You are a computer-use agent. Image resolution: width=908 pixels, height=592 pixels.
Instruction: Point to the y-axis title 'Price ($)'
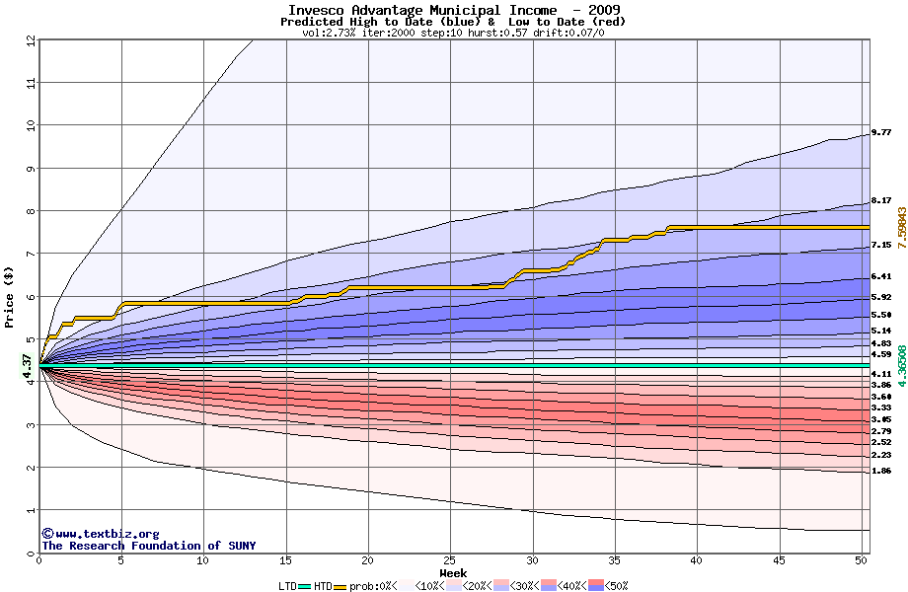point(10,296)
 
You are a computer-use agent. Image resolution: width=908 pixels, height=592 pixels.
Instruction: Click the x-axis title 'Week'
point(453,573)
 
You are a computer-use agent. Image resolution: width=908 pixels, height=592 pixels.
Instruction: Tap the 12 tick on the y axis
point(31,39)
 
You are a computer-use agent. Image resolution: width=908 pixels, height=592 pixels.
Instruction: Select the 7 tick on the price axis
point(31,254)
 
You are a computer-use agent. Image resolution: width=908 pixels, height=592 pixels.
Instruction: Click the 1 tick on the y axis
point(31,510)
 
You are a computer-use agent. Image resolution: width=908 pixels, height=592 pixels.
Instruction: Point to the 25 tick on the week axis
point(450,561)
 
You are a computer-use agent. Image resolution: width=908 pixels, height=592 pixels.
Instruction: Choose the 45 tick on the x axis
point(779,561)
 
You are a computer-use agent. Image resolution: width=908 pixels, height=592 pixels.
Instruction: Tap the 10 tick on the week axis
point(203,561)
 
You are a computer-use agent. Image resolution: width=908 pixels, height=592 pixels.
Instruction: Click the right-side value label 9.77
point(881,132)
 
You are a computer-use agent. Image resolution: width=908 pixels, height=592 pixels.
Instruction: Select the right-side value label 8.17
point(881,201)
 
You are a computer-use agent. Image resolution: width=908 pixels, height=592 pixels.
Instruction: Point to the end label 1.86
point(881,472)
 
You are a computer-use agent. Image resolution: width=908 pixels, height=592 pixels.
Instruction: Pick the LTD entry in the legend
point(287,586)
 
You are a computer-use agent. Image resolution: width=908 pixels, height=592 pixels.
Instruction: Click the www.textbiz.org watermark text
point(100,534)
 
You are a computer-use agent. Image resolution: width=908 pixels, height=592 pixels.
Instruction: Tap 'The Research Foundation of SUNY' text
point(148,546)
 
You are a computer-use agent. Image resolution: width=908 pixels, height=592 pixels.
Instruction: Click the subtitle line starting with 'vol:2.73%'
point(453,33)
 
